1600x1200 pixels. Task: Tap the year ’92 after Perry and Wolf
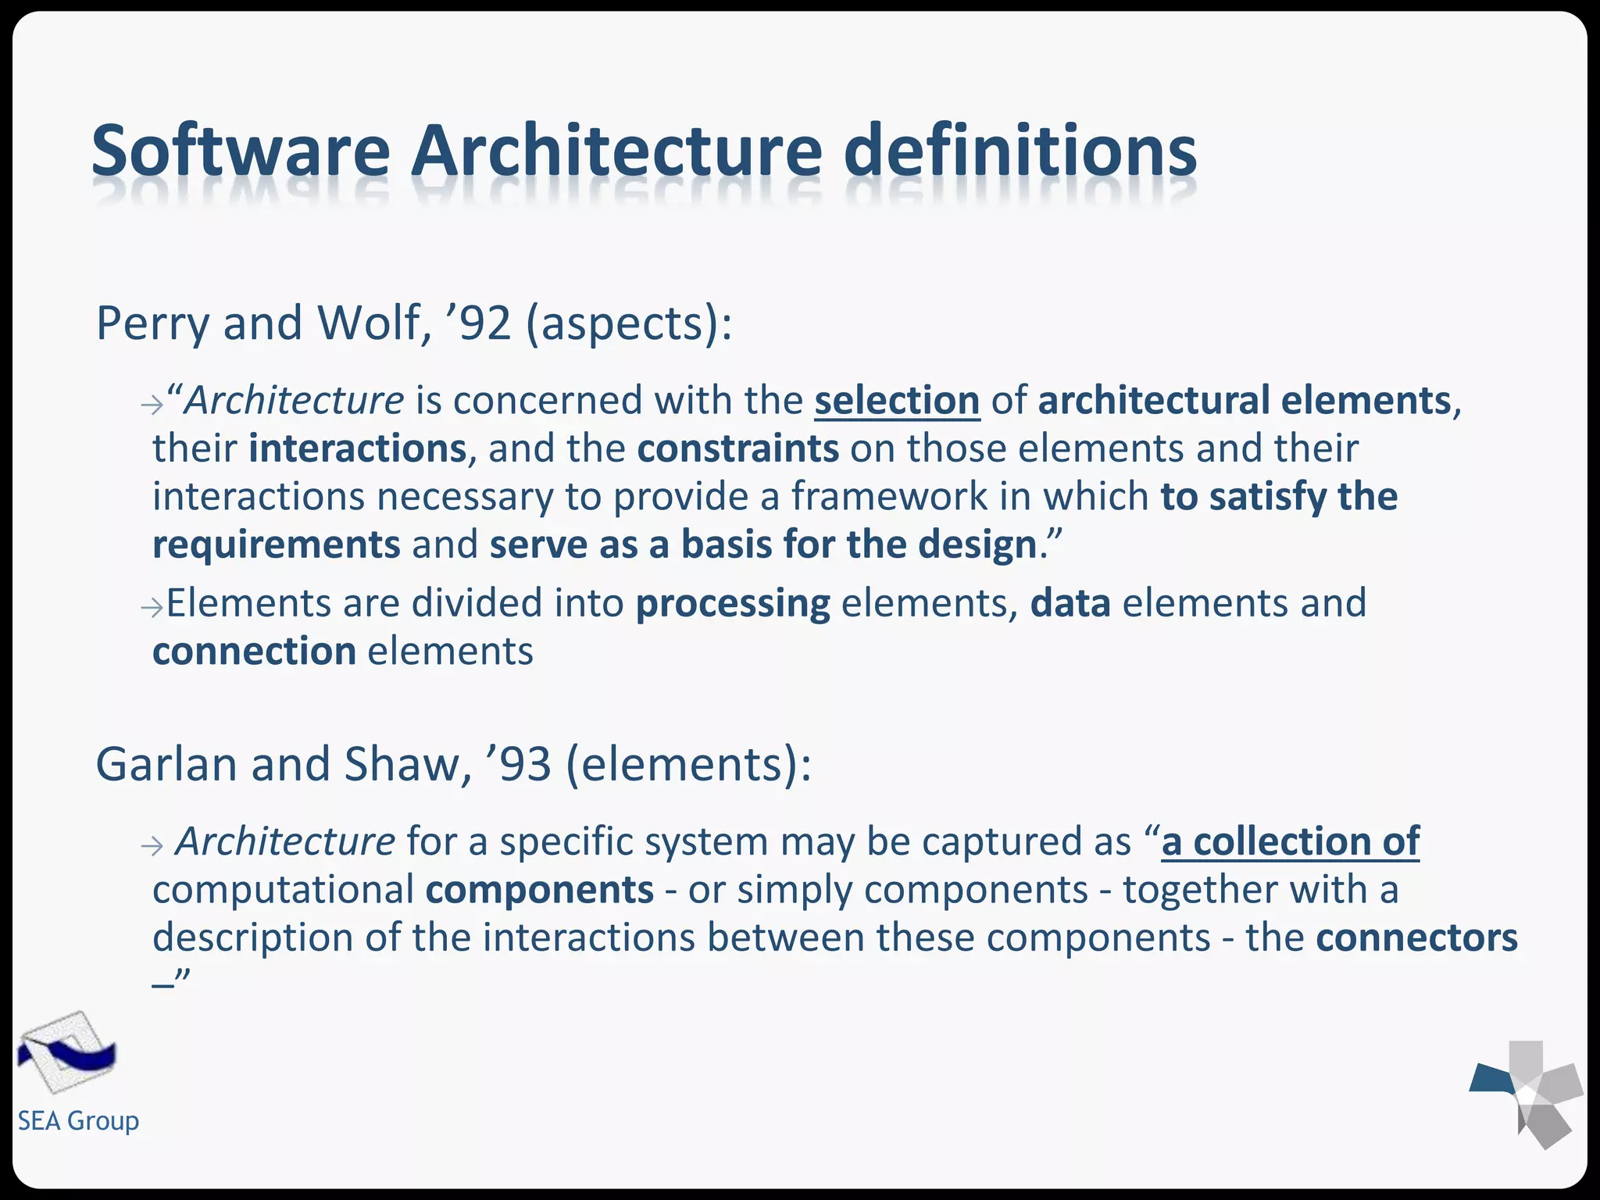[x=478, y=323]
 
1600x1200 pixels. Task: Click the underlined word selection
[x=897, y=401]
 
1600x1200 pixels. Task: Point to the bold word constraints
[x=738, y=449]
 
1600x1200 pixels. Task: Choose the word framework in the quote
[x=889, y=497]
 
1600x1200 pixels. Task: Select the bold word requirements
[x=277, y=545]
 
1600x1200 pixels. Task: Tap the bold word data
[x=1070, y=604]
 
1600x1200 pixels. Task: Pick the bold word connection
[x=255, y=652]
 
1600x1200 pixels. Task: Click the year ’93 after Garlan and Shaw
[x=519, y=764]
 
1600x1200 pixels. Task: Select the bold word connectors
[x=1416, y=937]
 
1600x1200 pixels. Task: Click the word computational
[x=284, y=890]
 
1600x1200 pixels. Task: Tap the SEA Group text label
[x=78, y=1121]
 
